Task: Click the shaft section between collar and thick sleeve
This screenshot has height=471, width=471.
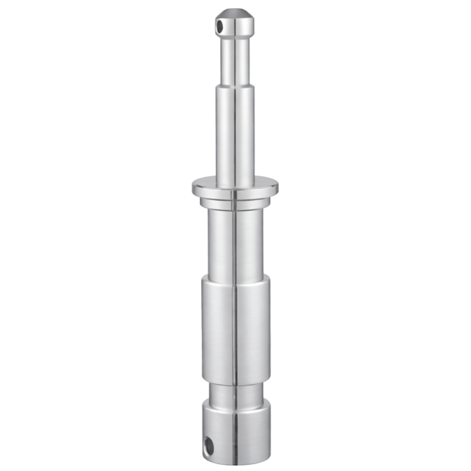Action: [235, 243]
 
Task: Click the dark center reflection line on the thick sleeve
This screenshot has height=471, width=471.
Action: [234, 330]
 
